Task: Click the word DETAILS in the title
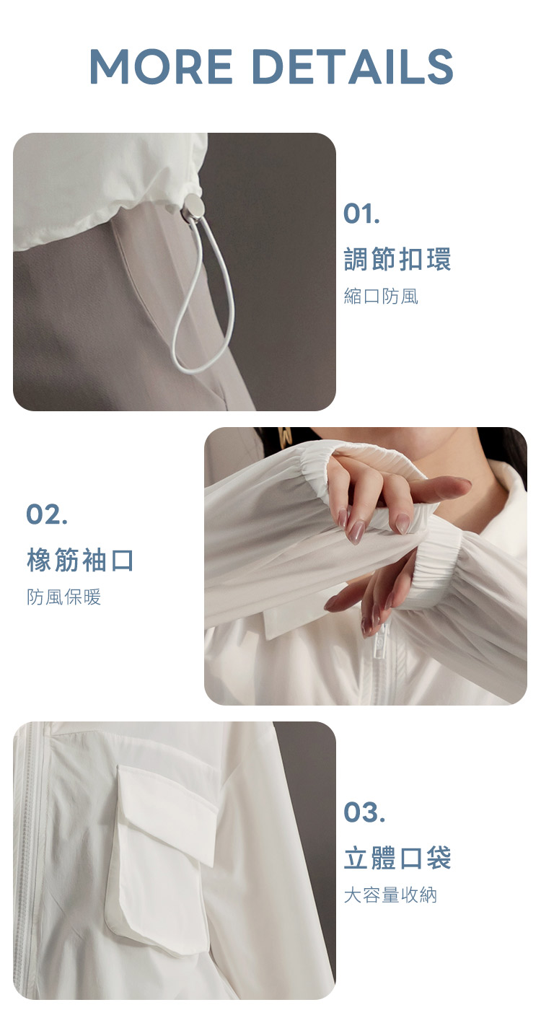pos(354,66)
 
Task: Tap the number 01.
pos(361,214)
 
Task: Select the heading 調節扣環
pos(397,259)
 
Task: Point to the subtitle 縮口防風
pos(381,297)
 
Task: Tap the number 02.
pos(47,514)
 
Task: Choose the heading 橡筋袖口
pos(81,560)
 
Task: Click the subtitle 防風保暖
pos(63,597)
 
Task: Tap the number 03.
pos(364,812)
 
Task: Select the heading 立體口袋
pos(397,858)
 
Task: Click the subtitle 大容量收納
pos(390,895)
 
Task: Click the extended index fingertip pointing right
pos(458,485)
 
